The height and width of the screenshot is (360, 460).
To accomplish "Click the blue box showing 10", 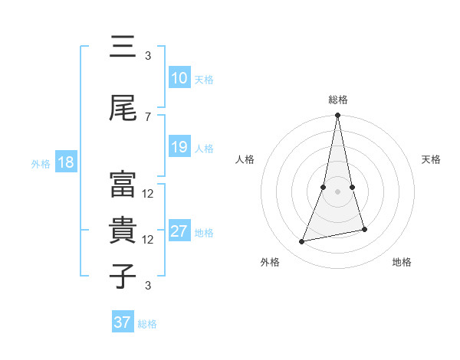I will pos(179,78).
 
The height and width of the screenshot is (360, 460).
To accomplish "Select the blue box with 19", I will pos(179,147).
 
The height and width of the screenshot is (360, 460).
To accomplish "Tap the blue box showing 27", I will pos(179,231).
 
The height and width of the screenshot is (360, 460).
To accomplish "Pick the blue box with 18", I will pos(65,162).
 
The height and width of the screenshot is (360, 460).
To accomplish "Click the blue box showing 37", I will pos(123,322).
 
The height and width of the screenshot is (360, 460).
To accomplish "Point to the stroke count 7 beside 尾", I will pos(148,116).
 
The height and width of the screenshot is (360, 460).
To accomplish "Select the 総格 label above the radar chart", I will pos(338,100).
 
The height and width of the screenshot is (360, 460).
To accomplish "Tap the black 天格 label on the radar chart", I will pos(432,159).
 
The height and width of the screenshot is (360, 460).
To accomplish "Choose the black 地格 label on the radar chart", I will pos(402,262).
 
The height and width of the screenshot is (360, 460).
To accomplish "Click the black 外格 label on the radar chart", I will pos(270,262).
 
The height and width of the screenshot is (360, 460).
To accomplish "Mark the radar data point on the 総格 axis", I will pos(337,116).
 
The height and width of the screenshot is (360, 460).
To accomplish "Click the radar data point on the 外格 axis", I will pos(302,242).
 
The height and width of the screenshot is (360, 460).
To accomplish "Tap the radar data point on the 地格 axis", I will pos(364,229).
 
